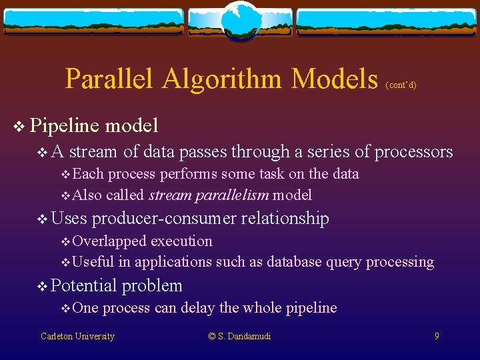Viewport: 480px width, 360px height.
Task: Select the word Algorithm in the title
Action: click(223, 79)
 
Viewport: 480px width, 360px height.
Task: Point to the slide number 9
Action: click(437, 337)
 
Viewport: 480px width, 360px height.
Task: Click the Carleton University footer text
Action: click(77, 337)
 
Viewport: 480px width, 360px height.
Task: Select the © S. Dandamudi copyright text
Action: click(239, 337)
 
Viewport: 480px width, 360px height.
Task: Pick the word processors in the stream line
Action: click(413, 153)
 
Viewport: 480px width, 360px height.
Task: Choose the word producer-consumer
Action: click(163, 219)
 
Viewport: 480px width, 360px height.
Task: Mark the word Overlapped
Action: click(109, 241)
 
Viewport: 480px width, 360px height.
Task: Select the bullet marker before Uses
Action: click(42, 219)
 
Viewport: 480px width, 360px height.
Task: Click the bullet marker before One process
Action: click(65, 308)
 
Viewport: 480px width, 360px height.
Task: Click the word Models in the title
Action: click(335, 79)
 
